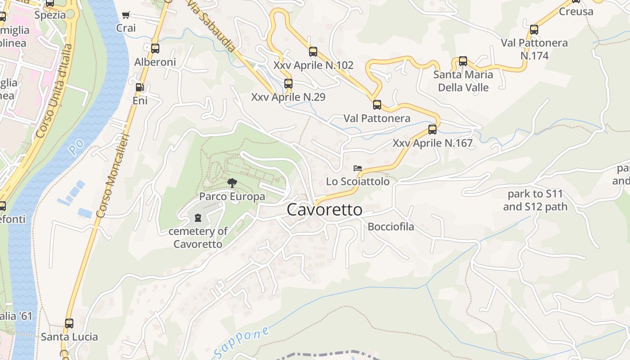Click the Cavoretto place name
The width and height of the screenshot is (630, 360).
click(324, 210)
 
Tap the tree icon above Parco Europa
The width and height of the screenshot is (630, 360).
click(232, 183)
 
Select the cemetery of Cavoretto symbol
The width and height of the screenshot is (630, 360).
click(197, 218)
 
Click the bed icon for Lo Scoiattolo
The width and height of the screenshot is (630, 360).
click(358, 168)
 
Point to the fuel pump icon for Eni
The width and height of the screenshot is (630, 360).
click(140, 87)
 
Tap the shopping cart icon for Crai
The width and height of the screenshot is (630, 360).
click(126, 15)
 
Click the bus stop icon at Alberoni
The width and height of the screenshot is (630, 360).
click(155, 48)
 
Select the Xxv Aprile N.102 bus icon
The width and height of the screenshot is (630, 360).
click(313, 52)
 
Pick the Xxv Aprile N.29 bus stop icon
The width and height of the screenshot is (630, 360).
click(288, 83)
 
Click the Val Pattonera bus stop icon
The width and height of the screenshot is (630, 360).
click(377, 105)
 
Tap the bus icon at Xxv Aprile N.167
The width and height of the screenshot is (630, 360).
click(432, 130)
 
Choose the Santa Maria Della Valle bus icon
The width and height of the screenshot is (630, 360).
click(463, 61)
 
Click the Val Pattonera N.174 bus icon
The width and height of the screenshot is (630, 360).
click(534, 30)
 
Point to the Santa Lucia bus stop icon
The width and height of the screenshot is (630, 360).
click(69, 323)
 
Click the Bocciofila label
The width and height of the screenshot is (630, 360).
click(391, 226)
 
